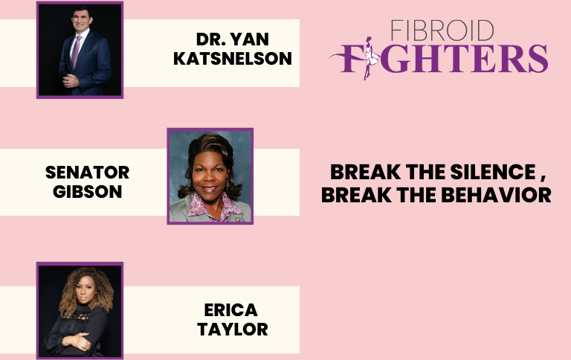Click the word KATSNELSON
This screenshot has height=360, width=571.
pyautogui.click(x=232, y=59)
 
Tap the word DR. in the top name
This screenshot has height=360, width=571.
pyautogui.click(x=210, y=39)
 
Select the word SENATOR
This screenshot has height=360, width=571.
pyautogui.click(x=88, y=173)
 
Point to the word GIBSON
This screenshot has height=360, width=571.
pyautogui.click(x=88, y=192)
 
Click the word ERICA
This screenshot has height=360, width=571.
pyautogui.click(x=231, y=310)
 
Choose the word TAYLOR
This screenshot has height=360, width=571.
pyautogui.click(x=233, y=330)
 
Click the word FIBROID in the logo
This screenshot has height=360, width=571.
pyautogui.click(x=442, y=30)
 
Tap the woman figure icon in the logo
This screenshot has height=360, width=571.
pyautogui.click(x=370, y=57)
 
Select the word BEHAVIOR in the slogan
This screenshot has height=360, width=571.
pyautogui.click(x=497, y=195)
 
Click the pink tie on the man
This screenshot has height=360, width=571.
pyautogui.click(x=76, y=52)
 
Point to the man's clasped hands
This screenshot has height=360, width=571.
pyautogui.click(x=71, y=80)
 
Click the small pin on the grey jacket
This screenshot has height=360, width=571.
pyautogui.click(x=237, y=219)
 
